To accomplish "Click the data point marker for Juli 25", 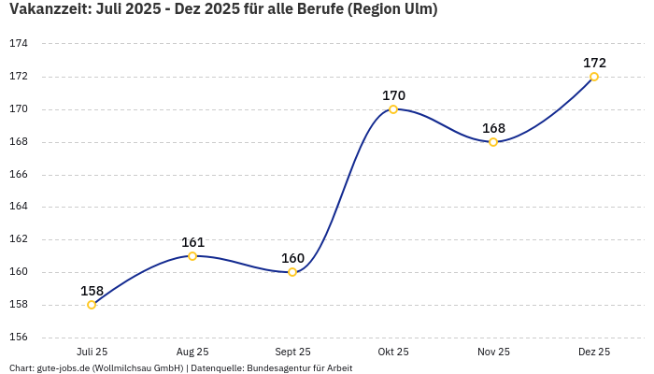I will [x=92, y=305].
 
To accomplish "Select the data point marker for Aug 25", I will [x=192, y=256].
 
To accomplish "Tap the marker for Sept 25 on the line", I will [x=292, y=272].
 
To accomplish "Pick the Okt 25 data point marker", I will [x=393, y=109].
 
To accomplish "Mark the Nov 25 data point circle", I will [x=493, y=142].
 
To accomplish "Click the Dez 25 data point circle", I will [x=594, y=77].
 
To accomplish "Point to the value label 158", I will [x=92, y=291].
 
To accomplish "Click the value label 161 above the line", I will [x=192, y=242].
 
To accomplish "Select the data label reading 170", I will [x=393, y=95].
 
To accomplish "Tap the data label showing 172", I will [x=594, y=63].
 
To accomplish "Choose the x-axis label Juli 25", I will [x=92, y=352].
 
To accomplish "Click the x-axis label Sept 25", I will [x=292, y=352].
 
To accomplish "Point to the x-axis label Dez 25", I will [x=594, y=352].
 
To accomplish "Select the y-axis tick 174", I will [x=19, y=44].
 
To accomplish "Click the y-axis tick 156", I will [x=19, y=338].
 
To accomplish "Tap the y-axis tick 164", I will [x=19, y=207].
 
